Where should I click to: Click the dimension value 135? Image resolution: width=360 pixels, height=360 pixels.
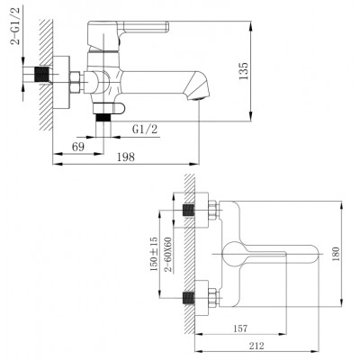(244, 71)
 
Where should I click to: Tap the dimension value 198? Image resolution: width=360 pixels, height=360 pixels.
(126, 157)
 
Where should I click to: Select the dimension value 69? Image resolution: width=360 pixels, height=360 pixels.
(78, 147)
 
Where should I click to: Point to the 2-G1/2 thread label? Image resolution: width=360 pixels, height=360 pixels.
(15, 26)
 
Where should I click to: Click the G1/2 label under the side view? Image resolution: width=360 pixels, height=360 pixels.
(145, 130)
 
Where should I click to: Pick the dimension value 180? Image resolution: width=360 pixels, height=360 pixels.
(336, 254)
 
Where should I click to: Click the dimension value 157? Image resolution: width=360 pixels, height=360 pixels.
(240, 328)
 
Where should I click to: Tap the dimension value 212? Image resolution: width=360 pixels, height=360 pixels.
(256, 346)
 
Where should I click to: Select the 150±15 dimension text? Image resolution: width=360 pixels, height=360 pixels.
(154, 254)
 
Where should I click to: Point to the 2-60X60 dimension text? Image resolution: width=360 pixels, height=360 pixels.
(168, 255)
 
